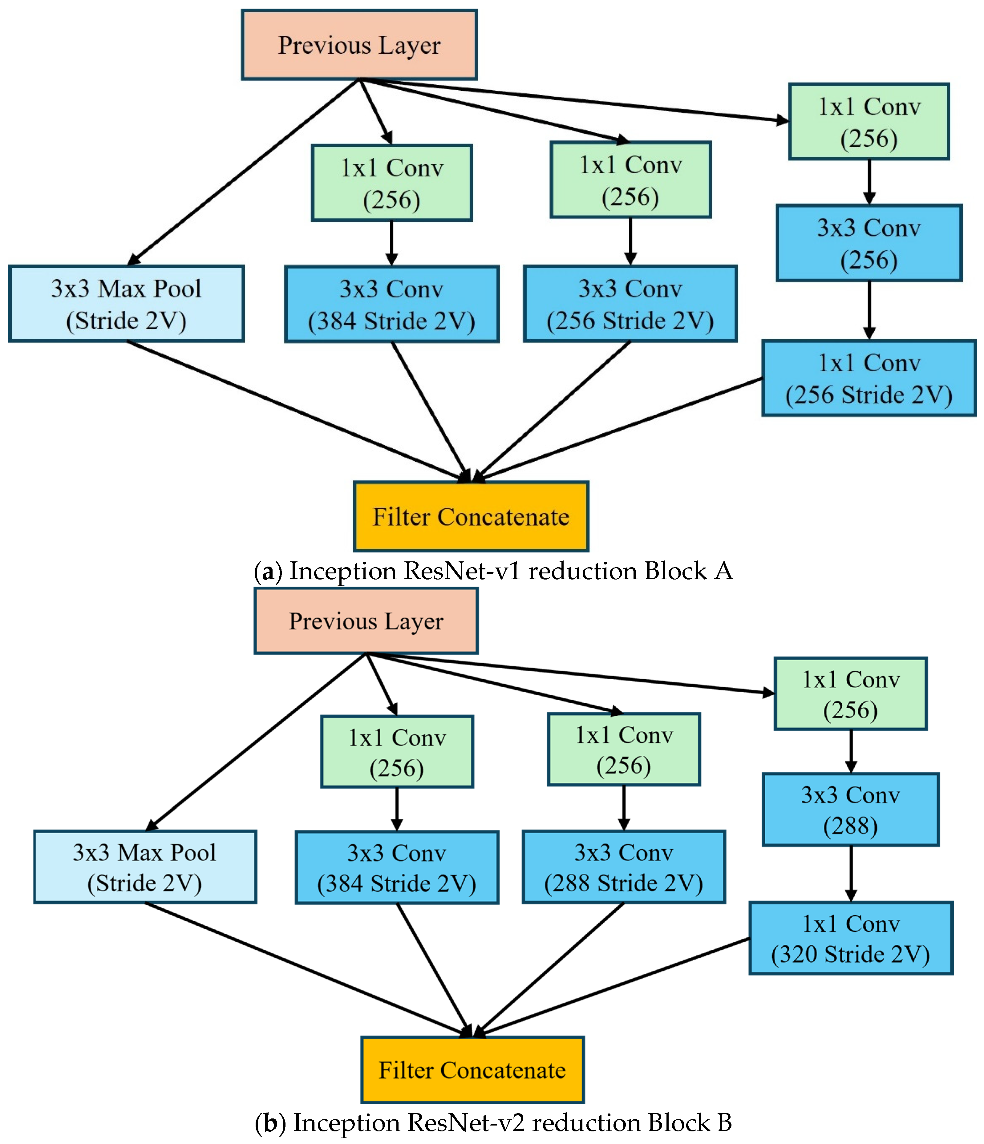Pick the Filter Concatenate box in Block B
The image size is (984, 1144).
(x=472, y=1070)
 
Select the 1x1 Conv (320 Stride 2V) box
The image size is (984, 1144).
(x=850, y=939)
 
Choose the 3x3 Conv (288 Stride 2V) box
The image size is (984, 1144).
(x=623, y=867)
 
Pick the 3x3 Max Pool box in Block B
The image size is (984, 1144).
(x=145, y=867)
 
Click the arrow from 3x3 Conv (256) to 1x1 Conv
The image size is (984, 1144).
(x=869, y=310)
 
